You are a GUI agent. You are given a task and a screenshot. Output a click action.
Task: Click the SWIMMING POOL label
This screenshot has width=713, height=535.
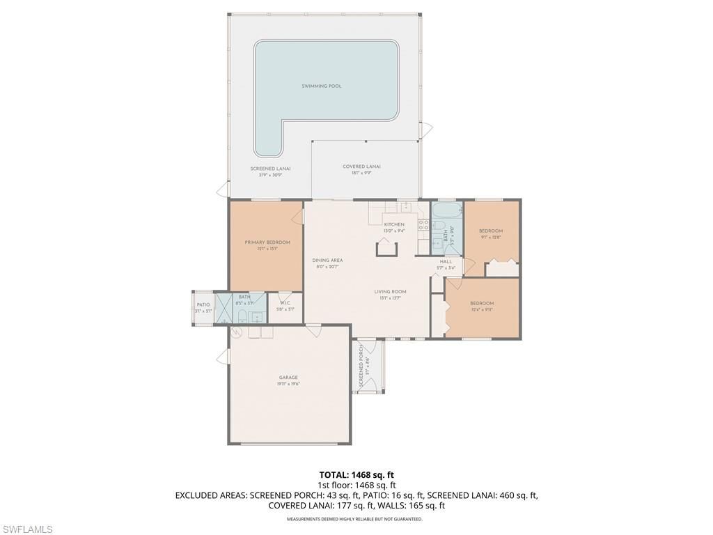(x=321, y=86)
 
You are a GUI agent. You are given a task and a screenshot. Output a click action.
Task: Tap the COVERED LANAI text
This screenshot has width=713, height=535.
(x=361, y=166)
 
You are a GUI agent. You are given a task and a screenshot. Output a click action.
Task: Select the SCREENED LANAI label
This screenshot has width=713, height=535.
(x=270, y=169)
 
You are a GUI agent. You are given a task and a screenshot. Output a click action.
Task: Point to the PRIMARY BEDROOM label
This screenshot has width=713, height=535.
(x=267, y=242)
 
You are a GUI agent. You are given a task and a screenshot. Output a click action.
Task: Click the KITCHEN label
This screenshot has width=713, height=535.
(x=393, y=224)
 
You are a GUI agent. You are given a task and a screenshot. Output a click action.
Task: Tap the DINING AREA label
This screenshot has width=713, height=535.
(x=327, y=261)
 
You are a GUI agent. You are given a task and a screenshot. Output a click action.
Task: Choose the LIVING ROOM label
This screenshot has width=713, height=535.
(x=390, y=292)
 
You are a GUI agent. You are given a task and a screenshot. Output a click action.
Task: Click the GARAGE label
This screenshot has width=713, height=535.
(x=288, y=378)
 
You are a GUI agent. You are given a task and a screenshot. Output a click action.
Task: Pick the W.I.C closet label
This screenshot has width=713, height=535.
(x=285, y=303)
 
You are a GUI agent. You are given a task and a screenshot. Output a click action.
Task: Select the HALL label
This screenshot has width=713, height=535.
(x=446, y=262)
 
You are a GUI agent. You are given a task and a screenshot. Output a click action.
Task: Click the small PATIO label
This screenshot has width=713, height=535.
(x=203, y=304)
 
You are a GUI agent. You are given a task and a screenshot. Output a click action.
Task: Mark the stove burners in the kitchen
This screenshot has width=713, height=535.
(x=423, y=224)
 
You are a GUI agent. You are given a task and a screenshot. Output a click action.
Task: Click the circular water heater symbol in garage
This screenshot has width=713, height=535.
(x=236, y=333)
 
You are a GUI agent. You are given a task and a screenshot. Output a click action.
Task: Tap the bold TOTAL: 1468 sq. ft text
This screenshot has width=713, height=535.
(x=356, y=474)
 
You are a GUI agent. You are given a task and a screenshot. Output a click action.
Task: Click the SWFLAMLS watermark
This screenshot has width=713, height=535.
(x=28, y=529)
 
